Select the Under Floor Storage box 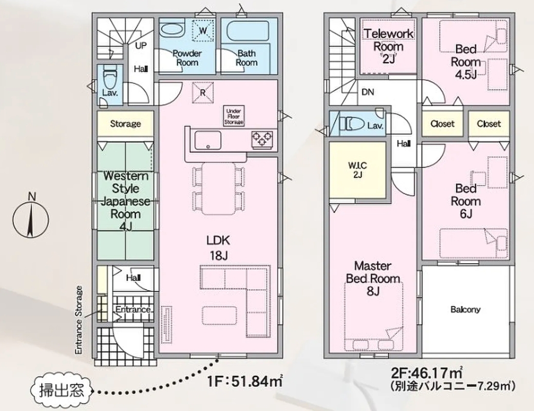click(x=234, y=116)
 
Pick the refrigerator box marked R click(x=203, y=92)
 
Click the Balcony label click(x=466, y=309)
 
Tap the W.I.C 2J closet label click(x=357, y=170)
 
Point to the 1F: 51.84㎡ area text click(x=244, y=381)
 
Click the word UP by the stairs click(x=141, y=45)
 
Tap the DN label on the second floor click(x=368, y=92)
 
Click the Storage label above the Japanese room click(x=125, y=123)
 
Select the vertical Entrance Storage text click(x=79, y=321)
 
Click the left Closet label click(x=443, y=123)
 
